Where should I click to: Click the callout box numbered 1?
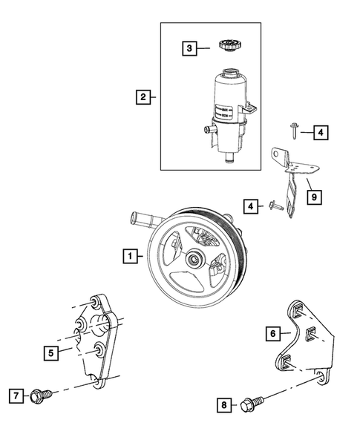pos(131,257)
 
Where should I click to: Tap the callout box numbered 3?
pos(190,49)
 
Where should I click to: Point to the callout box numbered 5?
pos(50,354)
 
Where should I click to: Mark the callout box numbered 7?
pos(14,395)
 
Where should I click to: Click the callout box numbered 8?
pos(221,405)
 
